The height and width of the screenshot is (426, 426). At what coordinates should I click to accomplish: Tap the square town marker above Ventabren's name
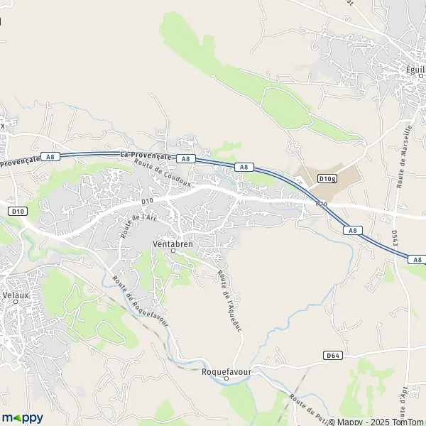[x=173, y=250]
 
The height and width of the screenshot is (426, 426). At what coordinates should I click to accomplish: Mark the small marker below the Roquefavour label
[x=226, y=378]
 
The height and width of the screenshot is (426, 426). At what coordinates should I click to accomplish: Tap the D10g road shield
[x=327, y=178]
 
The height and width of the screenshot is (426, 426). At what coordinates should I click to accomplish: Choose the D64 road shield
[x=332, y=355]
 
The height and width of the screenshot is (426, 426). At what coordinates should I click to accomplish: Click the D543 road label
[x=395, y=241]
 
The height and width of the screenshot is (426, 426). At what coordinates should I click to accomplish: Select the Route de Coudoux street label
[x=163, y=173]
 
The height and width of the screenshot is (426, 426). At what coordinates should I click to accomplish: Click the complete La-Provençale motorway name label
[x=146, y=154]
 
